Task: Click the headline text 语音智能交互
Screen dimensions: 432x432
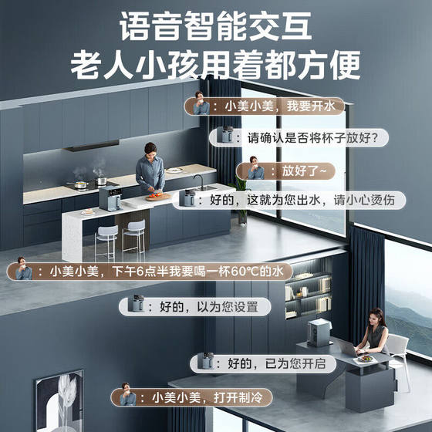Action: point(215,26)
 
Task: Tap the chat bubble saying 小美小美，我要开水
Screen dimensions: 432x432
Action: point(265,106)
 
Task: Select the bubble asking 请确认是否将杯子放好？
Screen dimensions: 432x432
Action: point(299,137)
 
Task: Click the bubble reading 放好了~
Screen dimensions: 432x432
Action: point(285,171)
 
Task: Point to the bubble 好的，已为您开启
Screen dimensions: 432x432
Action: point(263,363)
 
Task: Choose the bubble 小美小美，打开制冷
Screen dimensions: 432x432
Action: point(192,397)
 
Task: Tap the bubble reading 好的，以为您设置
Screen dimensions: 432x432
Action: point(195,307)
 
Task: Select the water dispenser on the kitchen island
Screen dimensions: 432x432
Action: point(110,198)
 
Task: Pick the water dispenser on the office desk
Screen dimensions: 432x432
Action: point(319,332)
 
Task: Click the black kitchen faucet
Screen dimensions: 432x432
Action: point(199,181)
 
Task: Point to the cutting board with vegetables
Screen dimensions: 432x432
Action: point(158,197)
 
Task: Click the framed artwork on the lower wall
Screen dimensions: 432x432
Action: point(59,401)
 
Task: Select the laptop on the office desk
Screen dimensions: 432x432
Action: point(349,348)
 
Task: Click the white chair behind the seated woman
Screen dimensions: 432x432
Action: point(399,358)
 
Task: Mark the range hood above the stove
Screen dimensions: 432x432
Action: point(93,147)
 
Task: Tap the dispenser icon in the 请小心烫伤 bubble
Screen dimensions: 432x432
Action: point(187,197)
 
